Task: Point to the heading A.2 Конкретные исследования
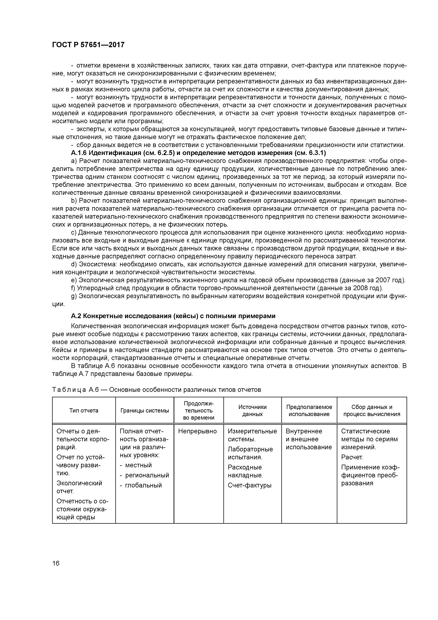(173, 316)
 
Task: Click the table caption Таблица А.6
(156, 390)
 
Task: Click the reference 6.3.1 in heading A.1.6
(316, 153)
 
